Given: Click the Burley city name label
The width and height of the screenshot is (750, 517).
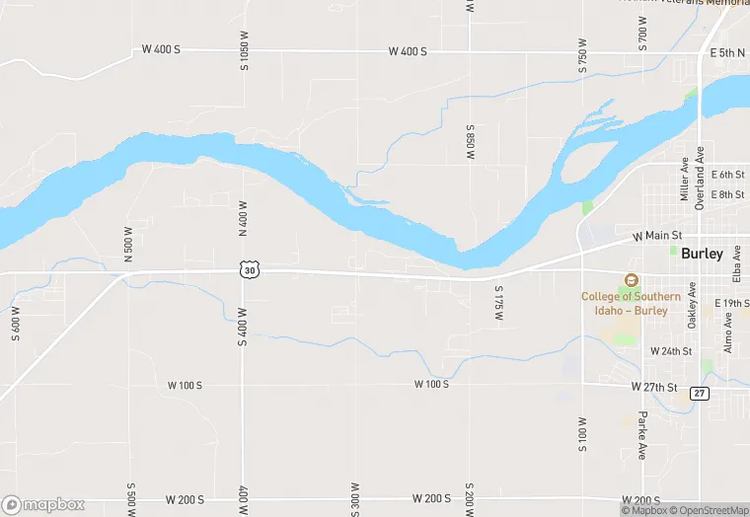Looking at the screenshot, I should [x=702, y=254].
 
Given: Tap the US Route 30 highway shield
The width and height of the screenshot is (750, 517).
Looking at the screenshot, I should [x=250, y=269].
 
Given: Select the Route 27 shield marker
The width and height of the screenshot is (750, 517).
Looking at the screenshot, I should [x=700, y=393].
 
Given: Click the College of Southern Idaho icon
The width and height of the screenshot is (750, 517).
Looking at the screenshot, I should [x=631, y=280].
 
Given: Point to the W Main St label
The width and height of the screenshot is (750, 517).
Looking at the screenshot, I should [x=657, y=237].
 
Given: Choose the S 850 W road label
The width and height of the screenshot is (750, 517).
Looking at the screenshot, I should [x=472, y=143].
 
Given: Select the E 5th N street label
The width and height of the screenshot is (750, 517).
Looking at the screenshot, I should [x=728, y=51].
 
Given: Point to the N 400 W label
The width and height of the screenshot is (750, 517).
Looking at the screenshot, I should [x=243, y=218].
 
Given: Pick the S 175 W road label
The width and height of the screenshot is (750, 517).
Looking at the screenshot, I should [x=499, y=305].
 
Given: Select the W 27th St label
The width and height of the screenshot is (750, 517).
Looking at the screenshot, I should [x=655, y=388].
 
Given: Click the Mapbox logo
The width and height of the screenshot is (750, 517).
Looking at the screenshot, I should [x=43, y=504].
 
